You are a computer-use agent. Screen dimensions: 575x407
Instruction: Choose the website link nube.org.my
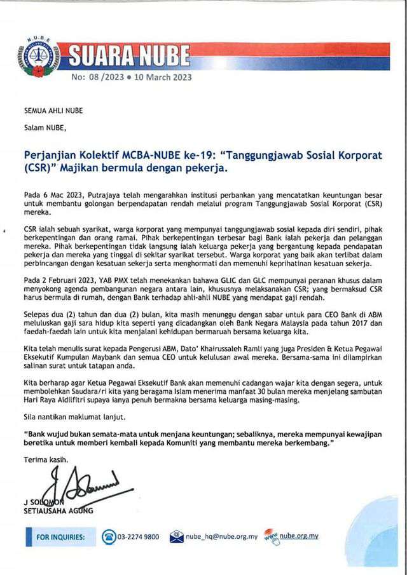point(299,536)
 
